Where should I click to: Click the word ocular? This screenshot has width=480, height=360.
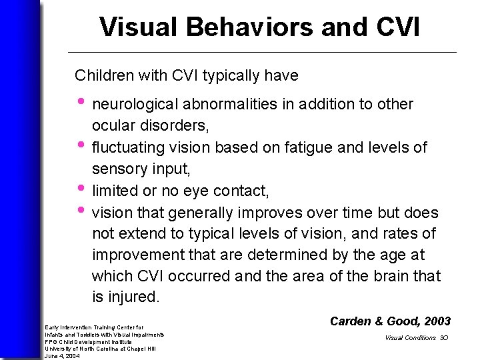click(x=112, y=125)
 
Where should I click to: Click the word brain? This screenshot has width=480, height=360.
click(x=393, y=276)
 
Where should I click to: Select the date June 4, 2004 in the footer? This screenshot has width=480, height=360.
click(x=62, y=356)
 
